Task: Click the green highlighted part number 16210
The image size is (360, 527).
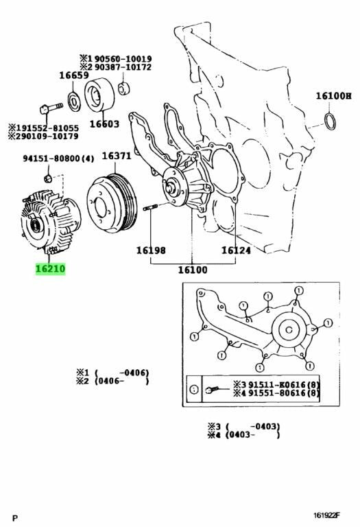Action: (x=50, y=268)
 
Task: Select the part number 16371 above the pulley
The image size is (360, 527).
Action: (x=116, y=156)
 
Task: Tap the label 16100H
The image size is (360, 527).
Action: (x=333, y=96)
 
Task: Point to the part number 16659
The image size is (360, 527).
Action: (x=74, y=75)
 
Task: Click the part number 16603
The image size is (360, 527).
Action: (x=104, y=124)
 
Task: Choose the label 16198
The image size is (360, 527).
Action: (x=151, y=250)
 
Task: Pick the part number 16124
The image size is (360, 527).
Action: (x=236, y=250)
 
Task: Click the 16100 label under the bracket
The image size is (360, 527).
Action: (x=193, y=270)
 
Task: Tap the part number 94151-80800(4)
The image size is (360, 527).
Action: (x=58, y=159)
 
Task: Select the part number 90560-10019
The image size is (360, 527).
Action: (x=123, y=58)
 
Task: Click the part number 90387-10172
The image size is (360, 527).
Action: (x=123, y=67)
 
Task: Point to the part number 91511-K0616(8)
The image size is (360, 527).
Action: (x=284, y=385)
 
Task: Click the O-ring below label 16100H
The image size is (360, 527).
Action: (x=330, y=121)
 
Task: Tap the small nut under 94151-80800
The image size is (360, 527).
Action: (x=48, y=178)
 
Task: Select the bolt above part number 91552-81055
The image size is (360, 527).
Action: (x=51, y=108)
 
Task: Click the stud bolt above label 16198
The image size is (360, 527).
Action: (x=151, y=207)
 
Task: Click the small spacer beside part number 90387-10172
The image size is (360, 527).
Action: (x=124, y=88)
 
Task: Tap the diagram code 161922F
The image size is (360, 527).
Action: (x=327, y=515)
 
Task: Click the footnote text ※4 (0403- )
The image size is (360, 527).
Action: (x=244, y=435)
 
